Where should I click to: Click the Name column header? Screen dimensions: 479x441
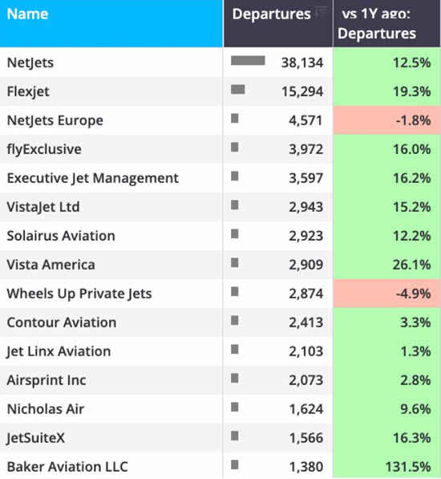coord(27,14)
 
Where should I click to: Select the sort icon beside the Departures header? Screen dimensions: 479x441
coord(321,11)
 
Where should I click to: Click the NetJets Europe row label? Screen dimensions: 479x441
coord(55,120)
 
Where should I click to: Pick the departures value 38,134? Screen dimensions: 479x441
coord(302,63)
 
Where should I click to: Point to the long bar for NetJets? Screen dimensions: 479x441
coord(248,61)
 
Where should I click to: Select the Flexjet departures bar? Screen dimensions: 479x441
coord(238,90)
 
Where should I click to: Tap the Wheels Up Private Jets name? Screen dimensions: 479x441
coord(79,294)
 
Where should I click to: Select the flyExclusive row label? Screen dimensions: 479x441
coord(44,149)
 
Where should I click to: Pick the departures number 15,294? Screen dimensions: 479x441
coord(302,91)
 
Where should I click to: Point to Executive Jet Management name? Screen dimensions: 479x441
coord(92,178)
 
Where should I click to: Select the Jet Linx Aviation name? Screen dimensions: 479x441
coord(59,351)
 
